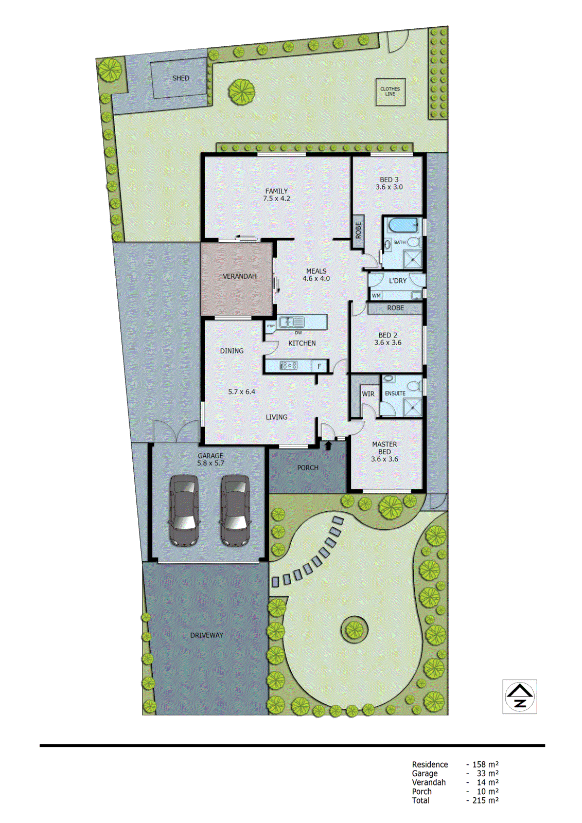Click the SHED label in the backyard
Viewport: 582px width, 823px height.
pos(181,78)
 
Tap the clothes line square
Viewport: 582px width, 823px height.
pos(390,92)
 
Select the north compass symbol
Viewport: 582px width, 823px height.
pos(520,696)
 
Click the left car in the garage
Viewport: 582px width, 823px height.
pos(184,510)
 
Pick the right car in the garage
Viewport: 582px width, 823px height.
pos(235,510)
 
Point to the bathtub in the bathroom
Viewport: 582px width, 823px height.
pos(403,225)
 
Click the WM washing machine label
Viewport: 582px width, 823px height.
pos(376,296)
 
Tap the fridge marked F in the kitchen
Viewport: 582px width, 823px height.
pos(320,366)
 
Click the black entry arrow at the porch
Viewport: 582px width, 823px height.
pos(328,445)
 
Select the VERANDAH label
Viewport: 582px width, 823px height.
pos(239,276)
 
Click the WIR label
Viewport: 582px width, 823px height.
pos(368,394)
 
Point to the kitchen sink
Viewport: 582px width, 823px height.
pos(291,323)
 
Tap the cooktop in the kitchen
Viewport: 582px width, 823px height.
pos(288,366)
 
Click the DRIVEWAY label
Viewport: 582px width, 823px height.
pos(206,635)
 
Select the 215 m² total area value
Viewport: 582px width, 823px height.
pos(485,800)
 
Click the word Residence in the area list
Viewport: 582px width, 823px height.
pos(430,764)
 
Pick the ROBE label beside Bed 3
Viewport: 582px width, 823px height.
pos(358,230)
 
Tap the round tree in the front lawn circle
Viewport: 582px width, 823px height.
pos(354,629)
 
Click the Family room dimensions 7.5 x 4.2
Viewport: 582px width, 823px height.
pos(276,199)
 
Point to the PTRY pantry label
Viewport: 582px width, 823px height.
pos(271,326)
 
